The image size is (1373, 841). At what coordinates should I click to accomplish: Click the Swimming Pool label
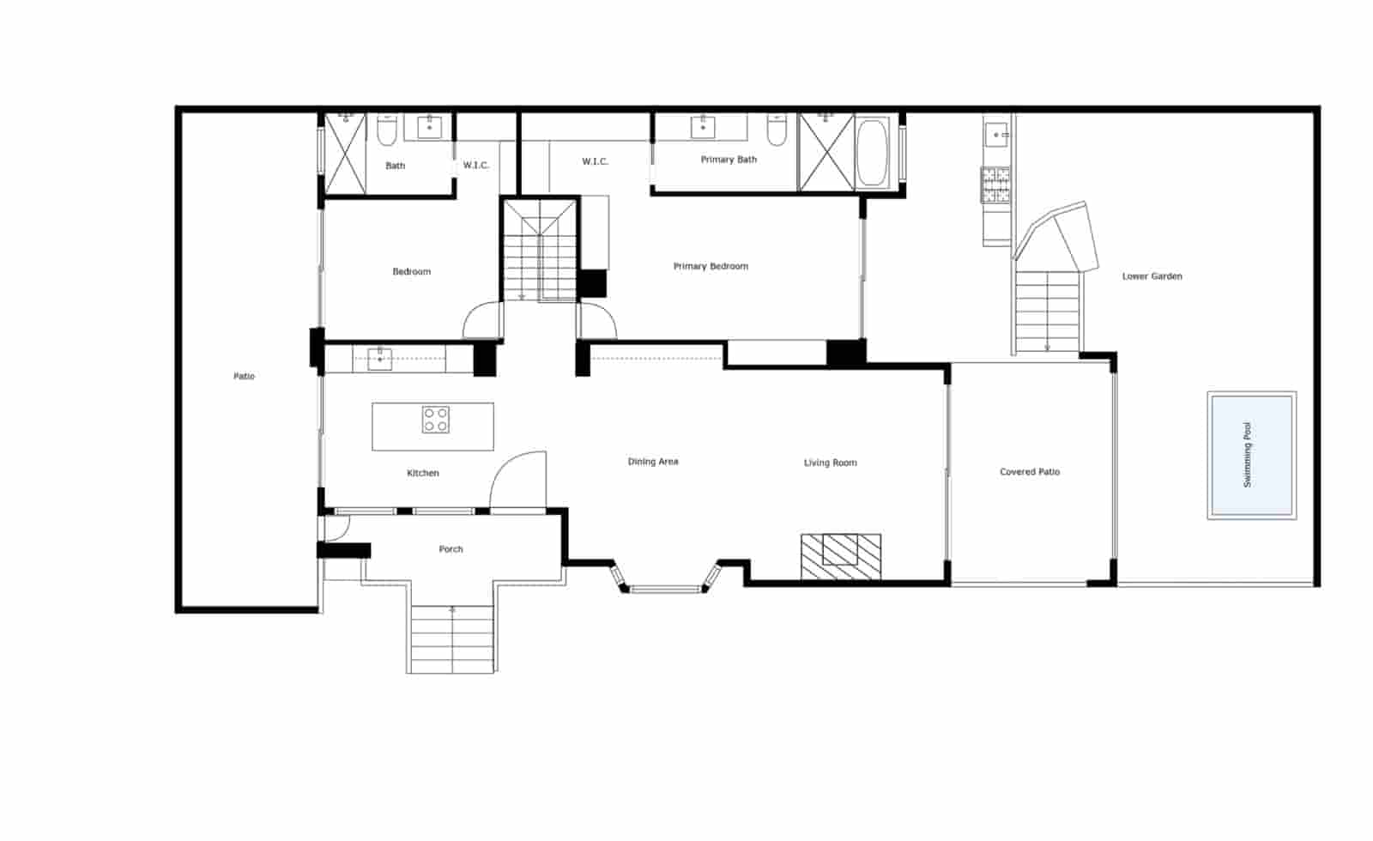coord(1247,455)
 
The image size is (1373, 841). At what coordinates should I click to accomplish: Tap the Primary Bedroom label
coord(711,266)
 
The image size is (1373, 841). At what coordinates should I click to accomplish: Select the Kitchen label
coord(423,473)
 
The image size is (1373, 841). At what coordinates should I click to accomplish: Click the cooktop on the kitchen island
coord(435,420)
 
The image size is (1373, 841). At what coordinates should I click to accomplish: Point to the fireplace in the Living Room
coord(841,557)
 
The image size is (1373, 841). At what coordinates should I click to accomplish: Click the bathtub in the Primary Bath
coord(872,153)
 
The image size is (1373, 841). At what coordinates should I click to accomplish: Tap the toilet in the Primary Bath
coord(777,130)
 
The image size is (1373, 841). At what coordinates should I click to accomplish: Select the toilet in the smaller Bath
coord(386,130)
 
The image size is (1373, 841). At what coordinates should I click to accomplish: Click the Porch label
coord(451,549)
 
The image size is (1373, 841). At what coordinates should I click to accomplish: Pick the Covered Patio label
coord(1030,472)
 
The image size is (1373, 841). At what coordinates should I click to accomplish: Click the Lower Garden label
coord(1152,276)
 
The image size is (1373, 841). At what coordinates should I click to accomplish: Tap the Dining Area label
coord(653,462)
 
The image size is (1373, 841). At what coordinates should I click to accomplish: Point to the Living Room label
coord(831,463)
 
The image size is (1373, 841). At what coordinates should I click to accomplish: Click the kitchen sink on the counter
coord(379,360)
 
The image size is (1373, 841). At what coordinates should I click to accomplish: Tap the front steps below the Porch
coord(451,639)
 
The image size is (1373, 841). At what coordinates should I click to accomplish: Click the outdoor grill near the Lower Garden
coord(996,185)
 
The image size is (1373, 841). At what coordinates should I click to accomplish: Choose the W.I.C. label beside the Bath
coord(476,165)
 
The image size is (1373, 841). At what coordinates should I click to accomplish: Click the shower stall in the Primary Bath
coord(826,152)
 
